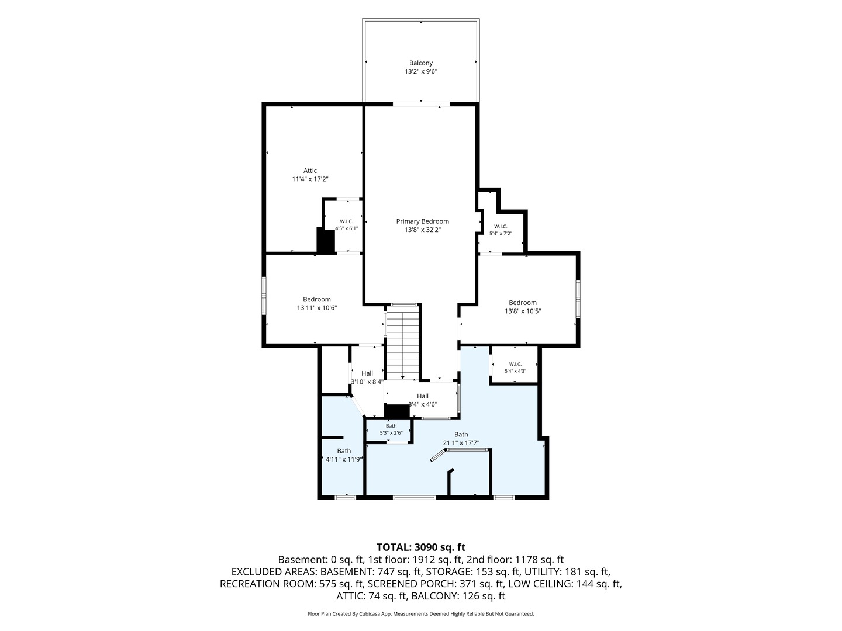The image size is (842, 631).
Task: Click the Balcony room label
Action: click(x=421, y=63)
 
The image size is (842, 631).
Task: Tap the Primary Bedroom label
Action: click(x=422, y=221)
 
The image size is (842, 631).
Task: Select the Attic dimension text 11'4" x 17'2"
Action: click(x=310, y=179)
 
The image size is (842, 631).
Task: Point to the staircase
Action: click(x=402, y=342)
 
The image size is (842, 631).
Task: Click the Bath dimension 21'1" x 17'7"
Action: click(x=461, y=443)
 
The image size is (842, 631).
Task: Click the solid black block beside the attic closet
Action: click(x=326, y=240)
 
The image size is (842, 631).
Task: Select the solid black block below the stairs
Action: click(x=396, y=411)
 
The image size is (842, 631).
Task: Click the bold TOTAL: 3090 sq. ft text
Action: click(x=421, y=547)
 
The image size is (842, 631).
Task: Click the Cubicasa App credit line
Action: click(x=421, y=613)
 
